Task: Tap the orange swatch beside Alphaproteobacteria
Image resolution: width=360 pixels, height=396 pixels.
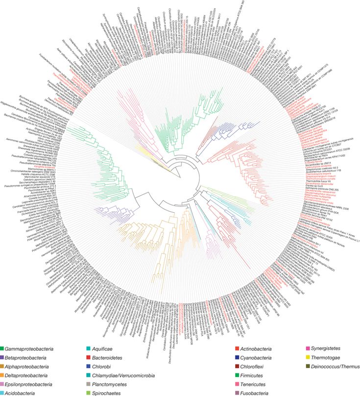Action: coord(3,366)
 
